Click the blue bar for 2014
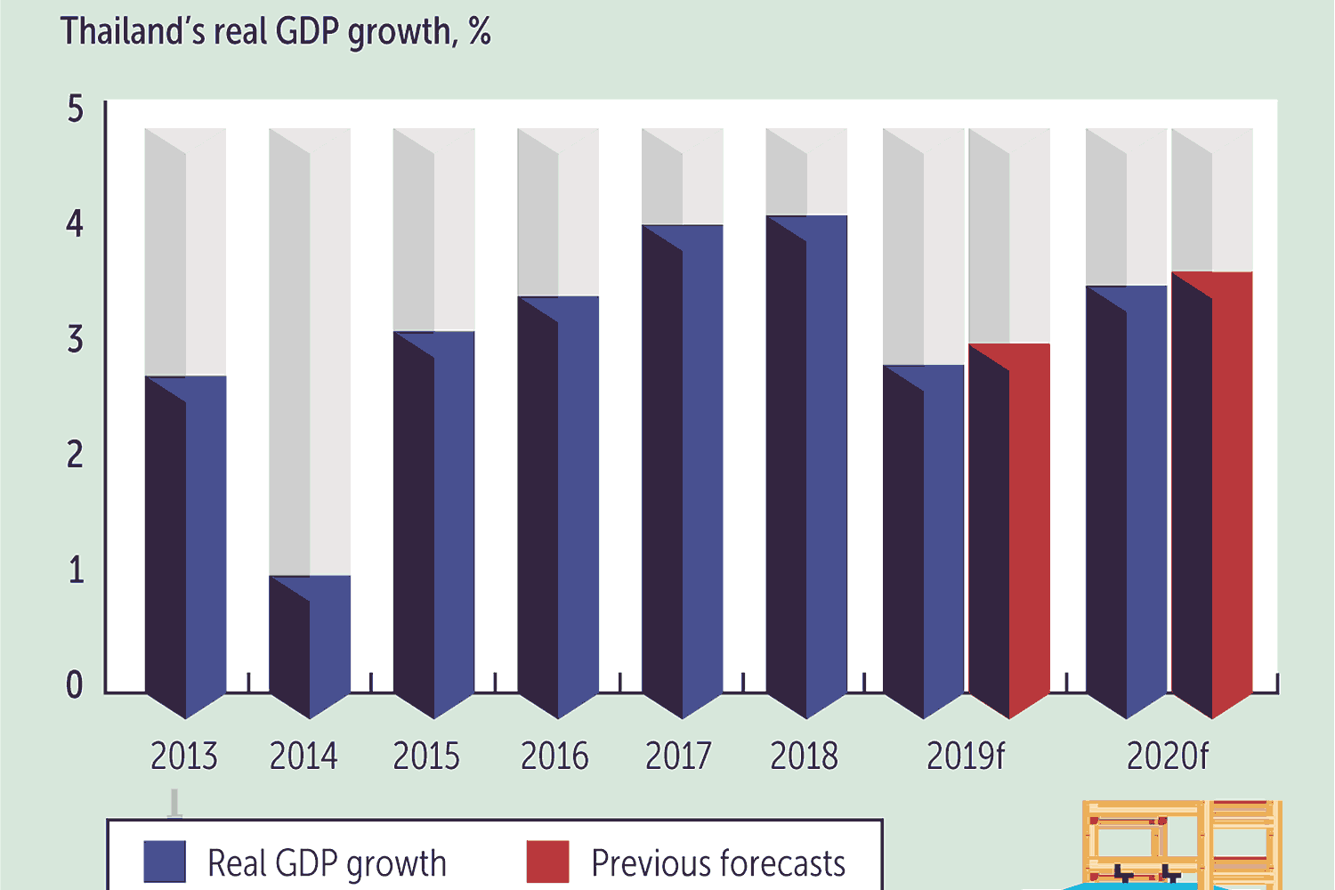pyautogui.click(x=310, y=645)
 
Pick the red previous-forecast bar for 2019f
pyautogui.click(x=1009, y=530)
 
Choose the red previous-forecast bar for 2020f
pyautogui.click(x=1212, y=494)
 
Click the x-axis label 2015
pyautogui.click(x=426, y=756)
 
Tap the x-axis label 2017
pyautogui.click(x=678, y=756)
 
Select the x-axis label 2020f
pyautogui.click(x=1167, y=756)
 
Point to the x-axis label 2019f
pyautogui.click(x=965, y=756)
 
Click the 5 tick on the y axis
pyautogui.click(x=76, y=109)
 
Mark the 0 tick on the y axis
pyautogui.click(x=75, y=684)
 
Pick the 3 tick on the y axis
pyautogui.click(x=76, y=339)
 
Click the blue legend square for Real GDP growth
pyautogui.click(x=165, y=862)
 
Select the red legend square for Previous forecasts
pyautogui.click(x=547, y=862)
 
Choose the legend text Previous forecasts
pyautogui.click(x=718, y=863)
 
